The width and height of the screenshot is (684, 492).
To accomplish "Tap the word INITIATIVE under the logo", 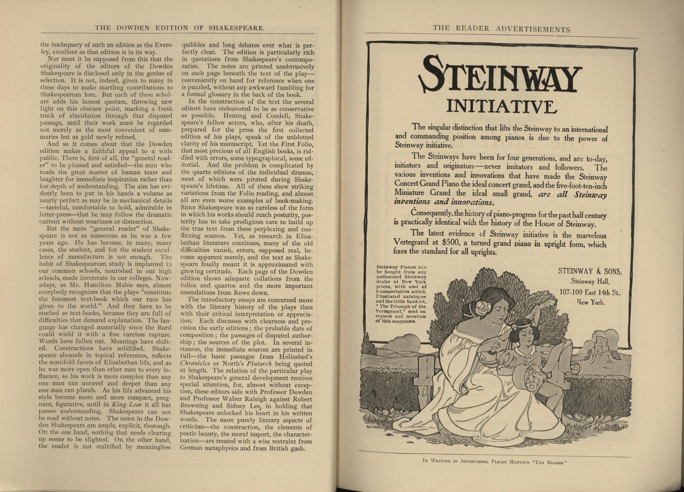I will click(x=501, y=106).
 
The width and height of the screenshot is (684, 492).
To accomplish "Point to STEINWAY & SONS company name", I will click(x=590, y=271).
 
